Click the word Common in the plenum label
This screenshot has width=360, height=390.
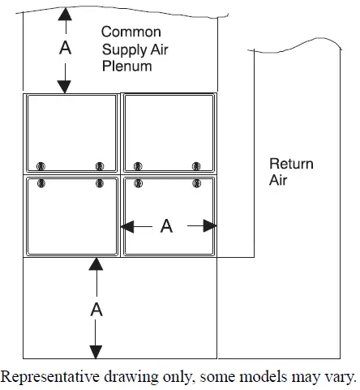click(128, 32)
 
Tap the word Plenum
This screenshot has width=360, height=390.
click(126, 66)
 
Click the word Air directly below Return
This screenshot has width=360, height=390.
click(279, 181)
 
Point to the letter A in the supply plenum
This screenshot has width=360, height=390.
click(66, 49)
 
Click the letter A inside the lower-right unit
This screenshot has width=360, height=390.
click(166, 226)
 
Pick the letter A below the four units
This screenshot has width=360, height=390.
click(96, 308)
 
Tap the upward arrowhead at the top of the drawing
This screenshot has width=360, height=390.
click(66, 14)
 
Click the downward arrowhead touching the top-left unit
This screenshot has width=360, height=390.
click(66, 87)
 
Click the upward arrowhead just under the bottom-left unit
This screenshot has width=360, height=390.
click(96, 264)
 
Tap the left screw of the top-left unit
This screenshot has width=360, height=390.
click(41, 165)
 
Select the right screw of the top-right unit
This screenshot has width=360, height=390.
click(196, 165)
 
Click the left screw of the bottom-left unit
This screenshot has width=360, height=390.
click(41, 184)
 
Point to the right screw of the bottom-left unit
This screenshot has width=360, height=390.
click(100, 184)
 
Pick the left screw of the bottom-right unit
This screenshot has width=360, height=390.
click(138, 184)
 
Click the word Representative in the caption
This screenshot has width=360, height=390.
click(46, 377)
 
